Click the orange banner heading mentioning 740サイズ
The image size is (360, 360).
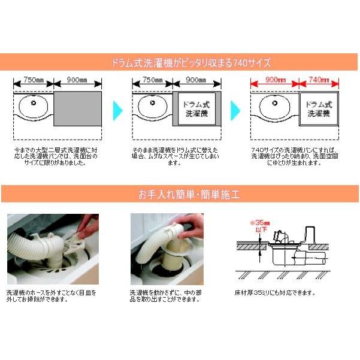click(180, 62)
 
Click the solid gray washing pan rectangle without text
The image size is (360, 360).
click(77, 109)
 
